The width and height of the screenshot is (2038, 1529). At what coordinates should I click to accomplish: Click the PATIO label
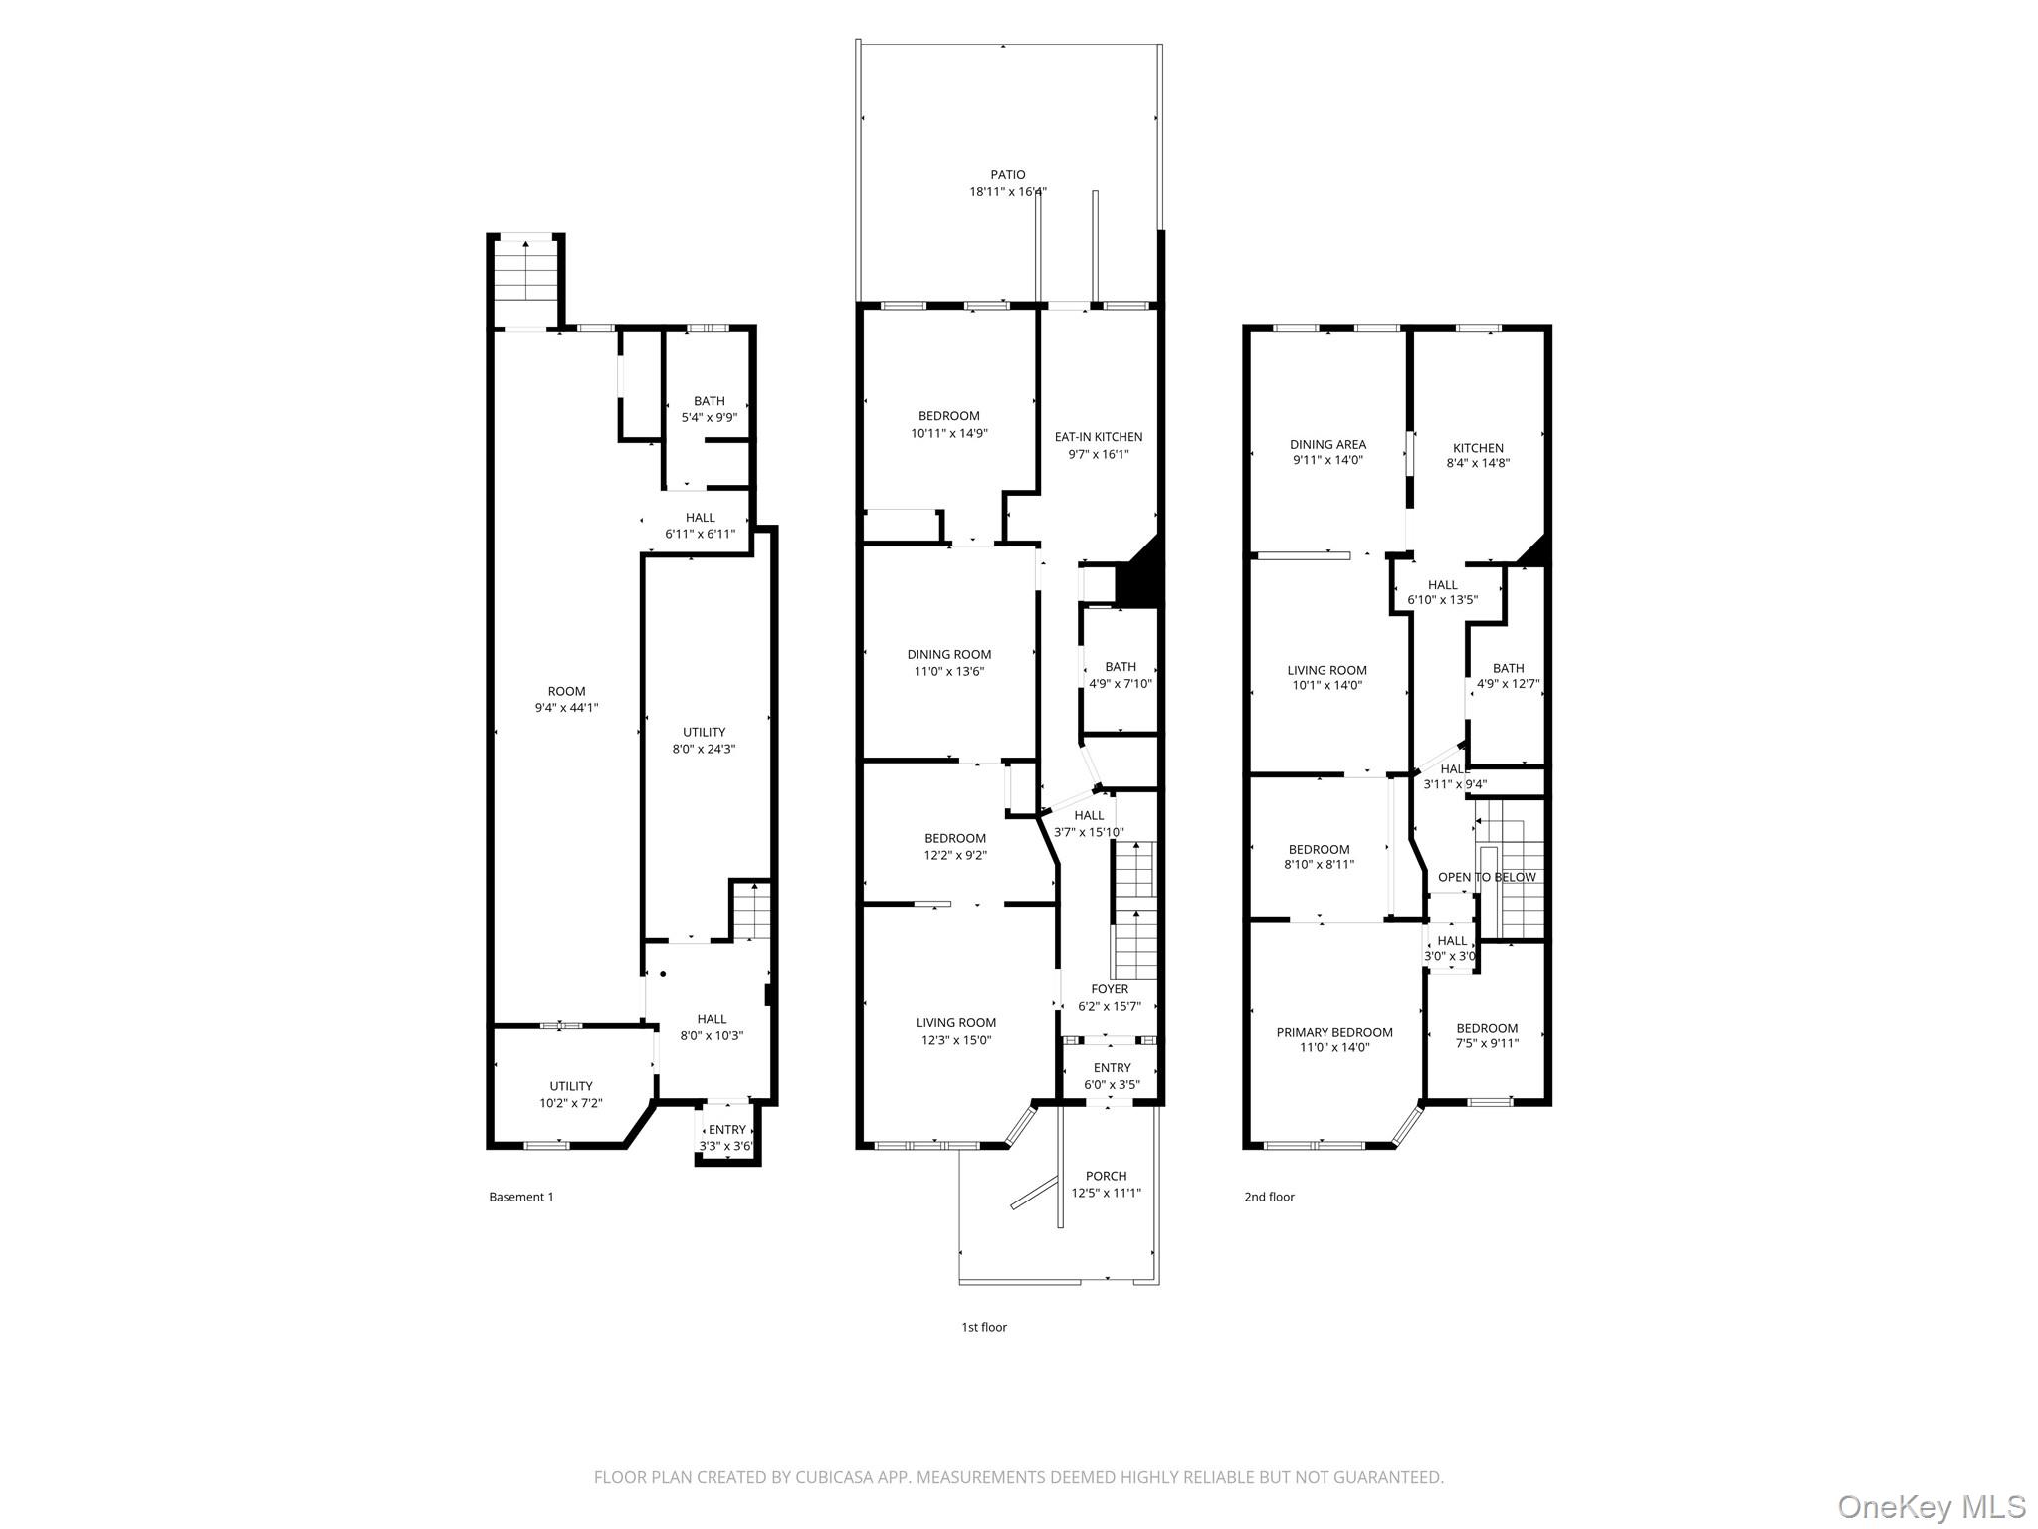[1007, 175]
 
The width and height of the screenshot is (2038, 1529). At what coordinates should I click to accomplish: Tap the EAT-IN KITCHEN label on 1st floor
[1099, 437]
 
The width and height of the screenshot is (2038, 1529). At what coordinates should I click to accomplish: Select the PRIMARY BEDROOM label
[1334, 1032]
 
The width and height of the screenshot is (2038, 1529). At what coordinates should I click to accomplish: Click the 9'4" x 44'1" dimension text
[566, 708]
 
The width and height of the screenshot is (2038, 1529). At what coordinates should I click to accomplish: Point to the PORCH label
[1106, 1176]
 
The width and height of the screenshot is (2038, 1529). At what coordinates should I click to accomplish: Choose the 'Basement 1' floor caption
[520, 1197]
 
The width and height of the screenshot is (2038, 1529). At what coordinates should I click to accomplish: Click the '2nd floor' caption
[1269, 1197]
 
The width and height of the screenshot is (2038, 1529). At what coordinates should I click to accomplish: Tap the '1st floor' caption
[983, 1327]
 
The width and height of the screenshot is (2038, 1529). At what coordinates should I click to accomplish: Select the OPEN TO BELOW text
[1487, 877]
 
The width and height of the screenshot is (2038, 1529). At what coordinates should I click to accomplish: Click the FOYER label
[1110, 989]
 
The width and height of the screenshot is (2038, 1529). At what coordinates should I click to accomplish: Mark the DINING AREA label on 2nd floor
[1327, 444]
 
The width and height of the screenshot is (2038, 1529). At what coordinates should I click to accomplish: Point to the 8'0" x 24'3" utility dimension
[704, 749]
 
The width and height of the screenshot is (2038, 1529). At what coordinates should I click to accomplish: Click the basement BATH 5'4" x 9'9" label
[710, 409]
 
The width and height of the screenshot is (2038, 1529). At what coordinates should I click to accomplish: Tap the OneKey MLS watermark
[1931, 1506]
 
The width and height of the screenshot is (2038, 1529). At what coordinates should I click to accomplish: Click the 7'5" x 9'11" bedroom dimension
[1487, 1044]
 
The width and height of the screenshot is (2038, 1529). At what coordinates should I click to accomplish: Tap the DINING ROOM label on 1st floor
[949, 654]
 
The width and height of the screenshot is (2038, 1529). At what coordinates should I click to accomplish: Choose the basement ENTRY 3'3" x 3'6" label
[726, 1137]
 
